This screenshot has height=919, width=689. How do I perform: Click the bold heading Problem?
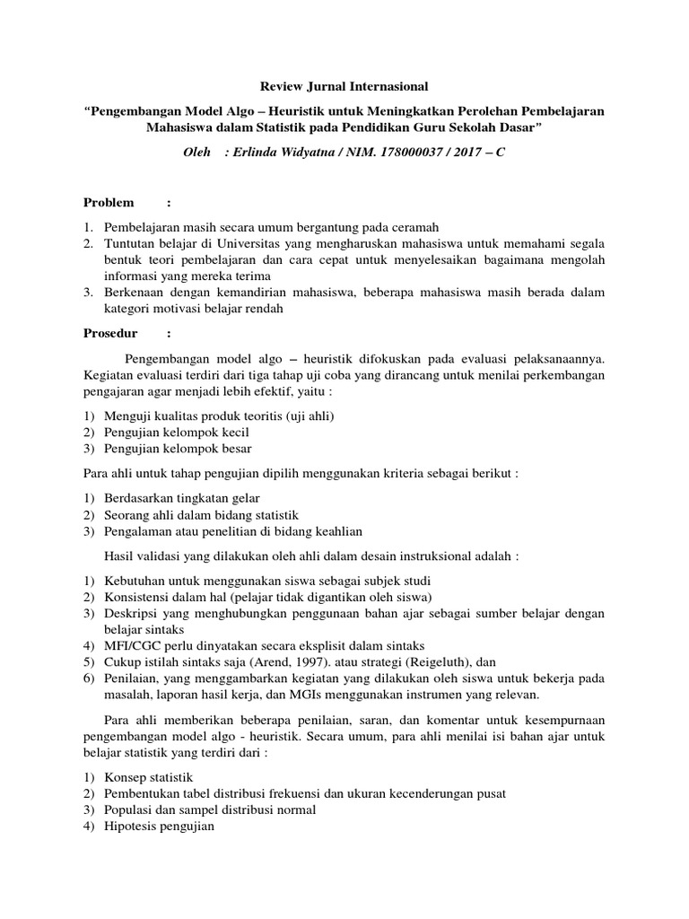(109, 203)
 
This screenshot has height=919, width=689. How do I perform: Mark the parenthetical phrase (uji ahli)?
(303, 416)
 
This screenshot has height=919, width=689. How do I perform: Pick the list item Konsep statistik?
(148, 777)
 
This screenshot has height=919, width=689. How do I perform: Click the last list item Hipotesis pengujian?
(160, 826)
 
